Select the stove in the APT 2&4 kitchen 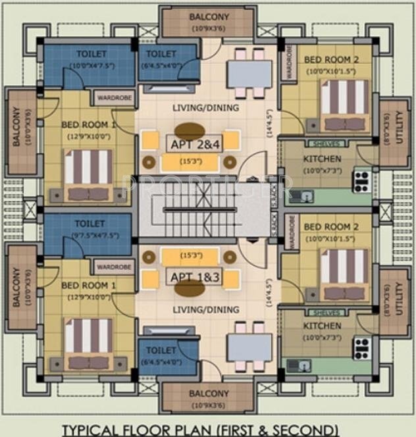361,180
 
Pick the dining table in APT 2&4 249,74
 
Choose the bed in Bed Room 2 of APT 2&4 344,105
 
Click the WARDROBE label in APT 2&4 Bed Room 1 113,99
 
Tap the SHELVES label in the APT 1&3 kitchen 327,313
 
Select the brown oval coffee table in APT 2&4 189,130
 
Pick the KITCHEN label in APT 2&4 322,159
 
